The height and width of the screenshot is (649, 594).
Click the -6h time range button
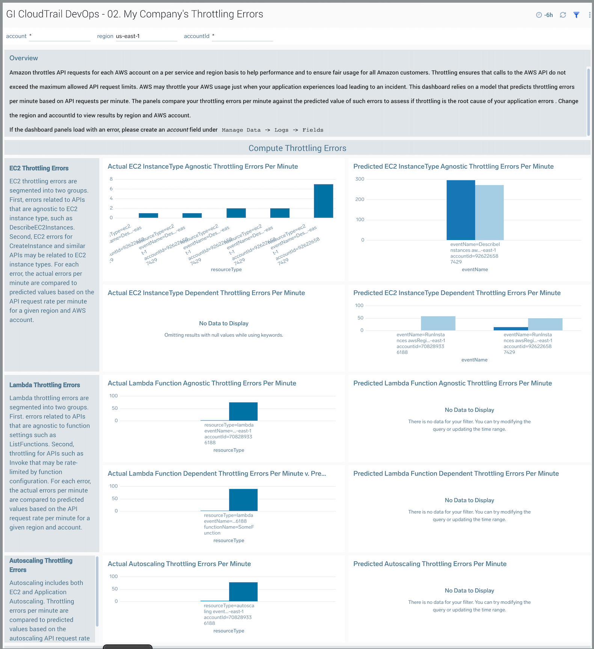545,15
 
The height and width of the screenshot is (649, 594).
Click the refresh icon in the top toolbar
563,15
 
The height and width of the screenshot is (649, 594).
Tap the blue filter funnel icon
576,15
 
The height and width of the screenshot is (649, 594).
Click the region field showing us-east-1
146,36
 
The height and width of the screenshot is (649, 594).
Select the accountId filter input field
242,36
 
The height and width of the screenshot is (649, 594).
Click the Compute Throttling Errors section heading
297,148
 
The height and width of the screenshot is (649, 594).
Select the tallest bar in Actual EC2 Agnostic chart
323,201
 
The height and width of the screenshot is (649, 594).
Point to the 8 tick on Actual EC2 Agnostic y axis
111,179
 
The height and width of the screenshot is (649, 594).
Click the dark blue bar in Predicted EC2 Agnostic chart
461,210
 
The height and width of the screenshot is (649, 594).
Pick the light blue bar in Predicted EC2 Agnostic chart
489,212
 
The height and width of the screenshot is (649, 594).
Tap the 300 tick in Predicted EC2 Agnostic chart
360,179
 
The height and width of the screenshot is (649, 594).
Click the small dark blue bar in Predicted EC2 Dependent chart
510,329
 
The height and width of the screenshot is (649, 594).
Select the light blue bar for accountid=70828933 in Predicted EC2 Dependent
438,323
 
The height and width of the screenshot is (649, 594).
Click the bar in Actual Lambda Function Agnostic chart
243,411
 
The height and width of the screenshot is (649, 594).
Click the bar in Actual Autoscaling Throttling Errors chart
243,592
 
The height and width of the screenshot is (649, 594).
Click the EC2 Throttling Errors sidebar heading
39,168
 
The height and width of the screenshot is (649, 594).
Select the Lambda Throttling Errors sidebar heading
45,385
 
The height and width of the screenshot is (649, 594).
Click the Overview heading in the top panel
24,58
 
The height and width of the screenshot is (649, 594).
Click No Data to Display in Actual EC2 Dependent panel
224,323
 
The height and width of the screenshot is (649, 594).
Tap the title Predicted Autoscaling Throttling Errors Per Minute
430,564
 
